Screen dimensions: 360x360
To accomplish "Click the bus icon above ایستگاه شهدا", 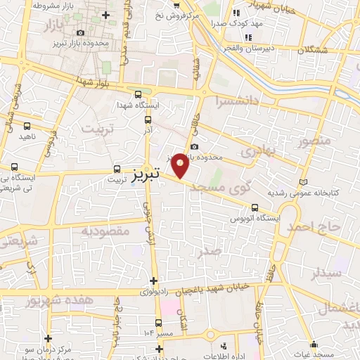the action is [x=138, y=94].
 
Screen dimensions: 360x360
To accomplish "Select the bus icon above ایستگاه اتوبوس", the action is [x=255, y=207].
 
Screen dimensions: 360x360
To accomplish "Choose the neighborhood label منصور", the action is [x=313, y=141].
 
